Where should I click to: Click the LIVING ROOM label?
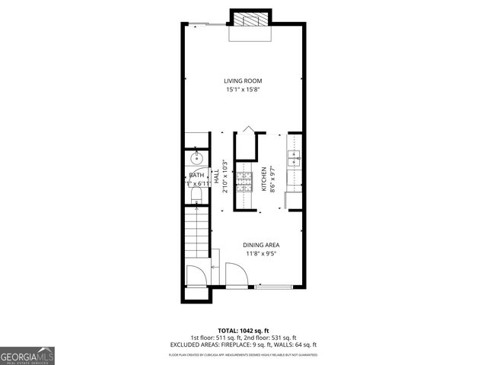click(x=243, y=81)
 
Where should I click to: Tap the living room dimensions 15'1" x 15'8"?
click(x=243, y=90)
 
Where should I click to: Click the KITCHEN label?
click(x=264, y=179)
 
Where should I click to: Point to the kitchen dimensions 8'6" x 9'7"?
click(x=272, y=179)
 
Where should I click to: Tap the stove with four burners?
click(x=244, y=181)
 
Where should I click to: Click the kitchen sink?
click(x=294, y=158)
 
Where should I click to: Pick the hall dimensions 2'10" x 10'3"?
click(x=224, y=176)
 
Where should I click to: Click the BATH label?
click(x=196, y=176)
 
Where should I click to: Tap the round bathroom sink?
click(x=196, y=159)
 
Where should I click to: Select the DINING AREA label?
click(x=261, y=245)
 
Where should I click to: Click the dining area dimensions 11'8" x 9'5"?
click(x=261, y=254)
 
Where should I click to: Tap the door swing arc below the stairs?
click(x=197, y=275)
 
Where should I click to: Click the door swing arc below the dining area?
click(x=236, y=275)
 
